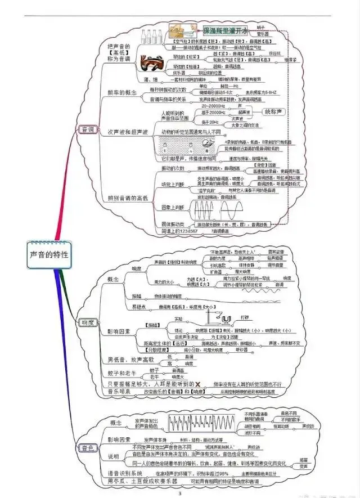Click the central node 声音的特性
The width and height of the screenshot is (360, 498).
pyautogui.click(x=49, y=254)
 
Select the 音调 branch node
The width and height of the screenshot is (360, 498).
pyautogui.click(x=87, y=129)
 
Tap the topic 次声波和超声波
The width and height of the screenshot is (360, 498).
pyautogui.click(x=128, y=132)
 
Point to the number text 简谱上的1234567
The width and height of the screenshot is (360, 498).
pyautogui.click(x=179, y=231)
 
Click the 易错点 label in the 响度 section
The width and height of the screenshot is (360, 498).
pyautogui.click(x=139, y=307)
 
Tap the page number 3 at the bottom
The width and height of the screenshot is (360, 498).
pyautogui.click(x=180, y=493)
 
